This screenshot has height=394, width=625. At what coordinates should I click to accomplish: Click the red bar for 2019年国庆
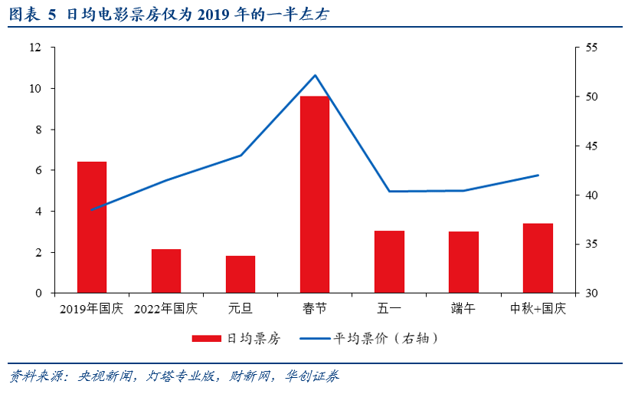[x=92, y=228]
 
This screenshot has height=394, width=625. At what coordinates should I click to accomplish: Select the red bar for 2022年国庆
[x=166, y=271]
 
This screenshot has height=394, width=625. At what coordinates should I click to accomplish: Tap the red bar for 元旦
[x=241, y=274]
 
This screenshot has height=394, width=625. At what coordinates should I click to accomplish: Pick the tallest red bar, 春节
[x=315, y=195]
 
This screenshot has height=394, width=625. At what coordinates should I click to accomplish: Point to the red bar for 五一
[x=389, y=262]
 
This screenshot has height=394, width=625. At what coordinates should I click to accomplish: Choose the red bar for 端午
[x=463, y=262]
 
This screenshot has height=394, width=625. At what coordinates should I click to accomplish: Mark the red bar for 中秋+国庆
[x=538, y=258]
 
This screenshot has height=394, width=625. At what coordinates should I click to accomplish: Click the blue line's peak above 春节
[x=315, y=75]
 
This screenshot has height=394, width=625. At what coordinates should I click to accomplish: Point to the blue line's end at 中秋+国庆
[x=538, y=176]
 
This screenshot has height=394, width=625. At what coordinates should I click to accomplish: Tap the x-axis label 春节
[x=315, y=309]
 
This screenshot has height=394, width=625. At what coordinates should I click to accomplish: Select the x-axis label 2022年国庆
[x=166, y=309]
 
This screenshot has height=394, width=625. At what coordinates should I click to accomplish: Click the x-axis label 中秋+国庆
[x=538, y=309]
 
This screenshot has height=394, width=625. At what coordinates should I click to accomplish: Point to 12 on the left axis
[x=35, y=48]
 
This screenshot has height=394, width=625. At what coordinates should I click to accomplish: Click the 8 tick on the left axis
[x=38, y=130]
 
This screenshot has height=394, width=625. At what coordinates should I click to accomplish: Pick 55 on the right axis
[x=591, y=48]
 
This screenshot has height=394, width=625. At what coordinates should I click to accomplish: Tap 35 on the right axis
[x=591, y=245]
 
